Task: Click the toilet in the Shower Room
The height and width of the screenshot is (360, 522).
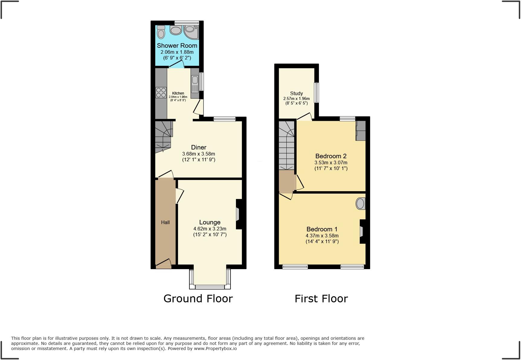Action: [x=161, y=32]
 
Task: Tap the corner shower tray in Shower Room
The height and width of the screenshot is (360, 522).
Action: [x=192, y=32]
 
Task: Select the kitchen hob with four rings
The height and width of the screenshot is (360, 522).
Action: [x=161, y=92]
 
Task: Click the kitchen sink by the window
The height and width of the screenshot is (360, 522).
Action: [x=195, y=83]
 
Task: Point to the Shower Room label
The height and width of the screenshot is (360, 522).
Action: [x=177, y=46]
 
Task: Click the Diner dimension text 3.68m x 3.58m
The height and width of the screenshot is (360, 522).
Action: [x=198, y=154]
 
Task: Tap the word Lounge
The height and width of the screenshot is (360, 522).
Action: [x=210, y=223]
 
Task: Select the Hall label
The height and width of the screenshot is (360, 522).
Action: [x=165, y=222]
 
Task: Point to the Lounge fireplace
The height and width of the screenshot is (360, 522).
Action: [x=238, y=214]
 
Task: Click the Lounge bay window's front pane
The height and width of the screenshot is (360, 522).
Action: [x=210, y=287]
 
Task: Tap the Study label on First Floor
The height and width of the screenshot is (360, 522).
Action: [x=296, y=93]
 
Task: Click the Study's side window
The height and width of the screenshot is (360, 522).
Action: [x=316, y=93]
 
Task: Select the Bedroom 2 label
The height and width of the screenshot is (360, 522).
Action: [x=331, y=156]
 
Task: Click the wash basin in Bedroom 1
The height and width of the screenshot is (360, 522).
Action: [x=360, y=204]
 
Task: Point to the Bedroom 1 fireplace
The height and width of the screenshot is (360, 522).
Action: [x=362, y=231]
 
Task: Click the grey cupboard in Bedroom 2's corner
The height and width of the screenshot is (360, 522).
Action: [x=360, y=131]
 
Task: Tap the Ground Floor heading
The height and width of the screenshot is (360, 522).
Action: [x=198, y=298]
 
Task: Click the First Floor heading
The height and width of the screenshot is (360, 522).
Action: [x=321, y=299]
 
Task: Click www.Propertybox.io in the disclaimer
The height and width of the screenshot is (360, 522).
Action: [x=215, y=349]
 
